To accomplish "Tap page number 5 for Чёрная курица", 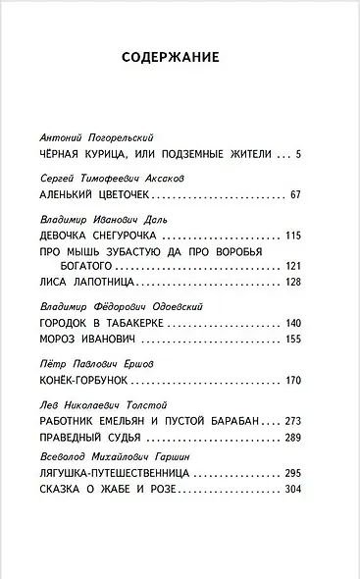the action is tap(297, 153).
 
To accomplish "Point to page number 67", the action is tap(294, 195).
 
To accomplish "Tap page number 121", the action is tap(291, 266).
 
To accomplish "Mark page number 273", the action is tap(291, 421).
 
